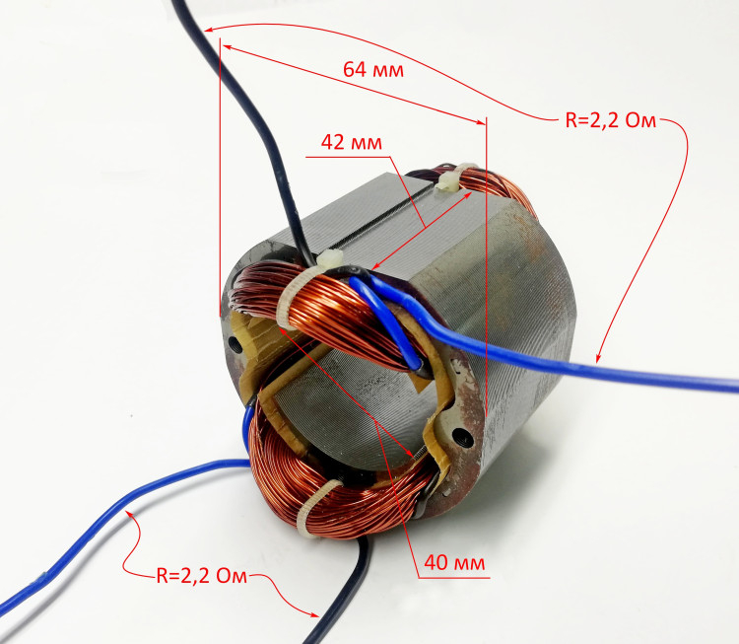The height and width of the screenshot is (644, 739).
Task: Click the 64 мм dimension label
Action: (x=373, y=70)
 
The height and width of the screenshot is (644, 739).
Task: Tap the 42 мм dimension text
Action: (x=352, y=142)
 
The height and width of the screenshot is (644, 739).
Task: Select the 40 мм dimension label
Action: (x=454, y=562)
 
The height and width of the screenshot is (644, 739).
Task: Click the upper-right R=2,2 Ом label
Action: (x=611, y=120)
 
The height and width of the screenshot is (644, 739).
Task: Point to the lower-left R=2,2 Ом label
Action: (x=202, y=576)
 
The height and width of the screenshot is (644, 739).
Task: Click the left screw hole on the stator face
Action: (x=235, y=343)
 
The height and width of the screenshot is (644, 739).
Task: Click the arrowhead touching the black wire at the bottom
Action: (x=314, y=613)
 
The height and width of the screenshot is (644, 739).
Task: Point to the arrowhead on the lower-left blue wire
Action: (x=130, y=515)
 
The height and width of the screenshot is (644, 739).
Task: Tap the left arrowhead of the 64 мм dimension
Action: (x=228, y=46)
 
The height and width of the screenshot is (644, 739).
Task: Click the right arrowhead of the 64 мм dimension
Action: (x=480, y=122)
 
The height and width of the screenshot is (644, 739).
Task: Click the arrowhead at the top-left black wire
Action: (x=210, y=31)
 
